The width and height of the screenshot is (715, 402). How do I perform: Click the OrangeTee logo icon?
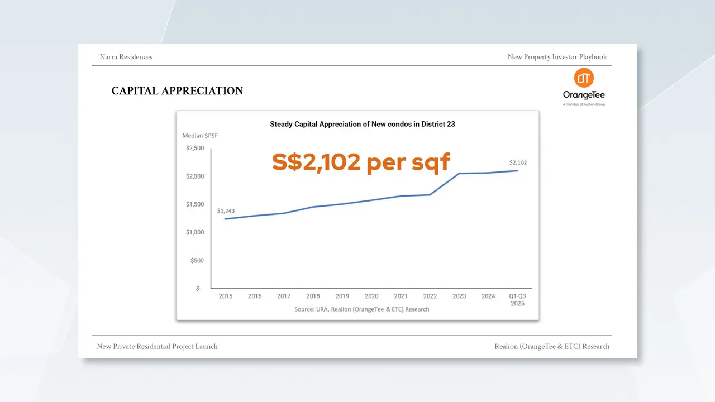click(584, 78)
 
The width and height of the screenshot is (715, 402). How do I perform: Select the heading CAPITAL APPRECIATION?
click(177, 91)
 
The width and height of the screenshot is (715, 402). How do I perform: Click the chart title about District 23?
click(363, 124)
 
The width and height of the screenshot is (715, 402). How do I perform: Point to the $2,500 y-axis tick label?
click(195, 149)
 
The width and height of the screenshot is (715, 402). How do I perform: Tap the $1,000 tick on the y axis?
click(195, 232)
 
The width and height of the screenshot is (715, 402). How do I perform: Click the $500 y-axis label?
click(197, 261)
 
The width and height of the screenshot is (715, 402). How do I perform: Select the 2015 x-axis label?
click(226, 296)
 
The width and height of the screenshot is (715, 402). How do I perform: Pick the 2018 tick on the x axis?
click(313, 296)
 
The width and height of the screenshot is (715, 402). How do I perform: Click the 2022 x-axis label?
click(430, 296)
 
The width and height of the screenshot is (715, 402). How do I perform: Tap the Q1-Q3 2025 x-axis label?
click(517, 300)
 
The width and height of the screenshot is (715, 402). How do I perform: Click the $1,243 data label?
click(226, 211)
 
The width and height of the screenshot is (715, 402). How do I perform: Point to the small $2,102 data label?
click(518, 162)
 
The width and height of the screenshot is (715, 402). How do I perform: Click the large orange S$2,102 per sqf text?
click(361, 162)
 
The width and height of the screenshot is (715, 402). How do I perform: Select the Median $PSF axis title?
click(200, 136)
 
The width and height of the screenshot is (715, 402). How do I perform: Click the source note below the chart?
click(361, 309)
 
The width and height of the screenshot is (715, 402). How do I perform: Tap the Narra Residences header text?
click(126, 57)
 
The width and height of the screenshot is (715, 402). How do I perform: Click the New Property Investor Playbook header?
click(557, 57)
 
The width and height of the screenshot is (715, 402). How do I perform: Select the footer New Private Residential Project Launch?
click(157, 347)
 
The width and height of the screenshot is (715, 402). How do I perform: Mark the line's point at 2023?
click(459, 174)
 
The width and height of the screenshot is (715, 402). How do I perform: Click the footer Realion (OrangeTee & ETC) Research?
click(552, 347)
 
